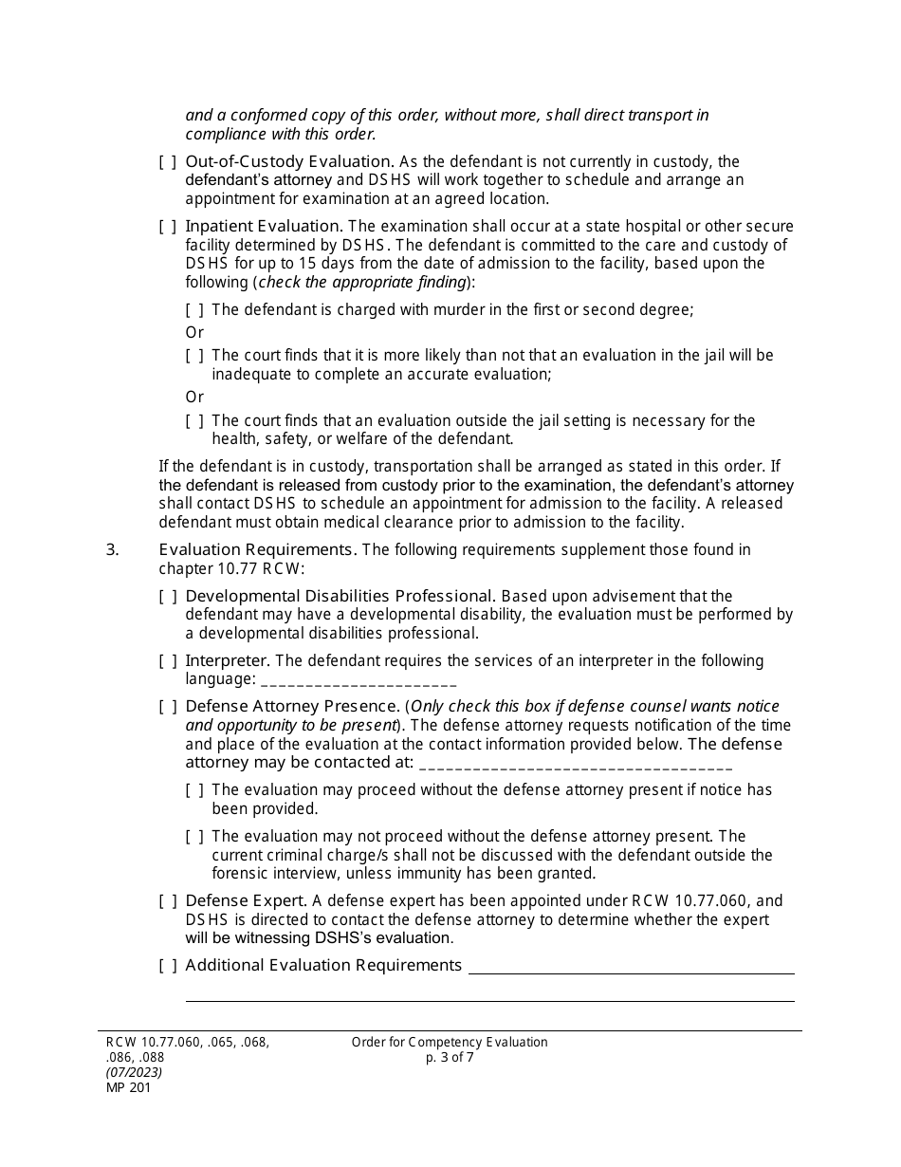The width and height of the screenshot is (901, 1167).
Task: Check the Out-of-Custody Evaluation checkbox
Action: [167, 162]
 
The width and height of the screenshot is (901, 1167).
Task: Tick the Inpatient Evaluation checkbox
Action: [167, 227]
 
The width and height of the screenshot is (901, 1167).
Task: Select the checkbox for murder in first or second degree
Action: [194, 310]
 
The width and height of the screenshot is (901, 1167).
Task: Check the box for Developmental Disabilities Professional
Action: [167, 597]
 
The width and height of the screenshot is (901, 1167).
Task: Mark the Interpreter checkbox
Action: [167, 661]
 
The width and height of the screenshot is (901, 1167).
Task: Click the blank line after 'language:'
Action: [359, 681]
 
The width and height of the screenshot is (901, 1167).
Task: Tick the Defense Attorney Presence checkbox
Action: [167, 707]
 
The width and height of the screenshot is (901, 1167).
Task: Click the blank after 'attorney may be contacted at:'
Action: [575, 764]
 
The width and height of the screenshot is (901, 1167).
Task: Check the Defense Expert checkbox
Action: [167, 901]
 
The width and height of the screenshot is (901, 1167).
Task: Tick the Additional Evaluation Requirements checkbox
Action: [167, 966]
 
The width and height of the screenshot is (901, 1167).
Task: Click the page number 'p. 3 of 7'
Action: [450, 1058]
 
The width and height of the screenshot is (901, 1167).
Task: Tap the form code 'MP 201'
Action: [128, 1088]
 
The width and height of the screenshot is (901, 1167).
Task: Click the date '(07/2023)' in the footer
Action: [134, 1073]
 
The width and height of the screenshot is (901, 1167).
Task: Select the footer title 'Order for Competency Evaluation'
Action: [450, 1043]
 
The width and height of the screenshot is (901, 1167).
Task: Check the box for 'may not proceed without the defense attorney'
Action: [194, 837]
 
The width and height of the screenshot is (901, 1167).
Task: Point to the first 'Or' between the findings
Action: [194, 333]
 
